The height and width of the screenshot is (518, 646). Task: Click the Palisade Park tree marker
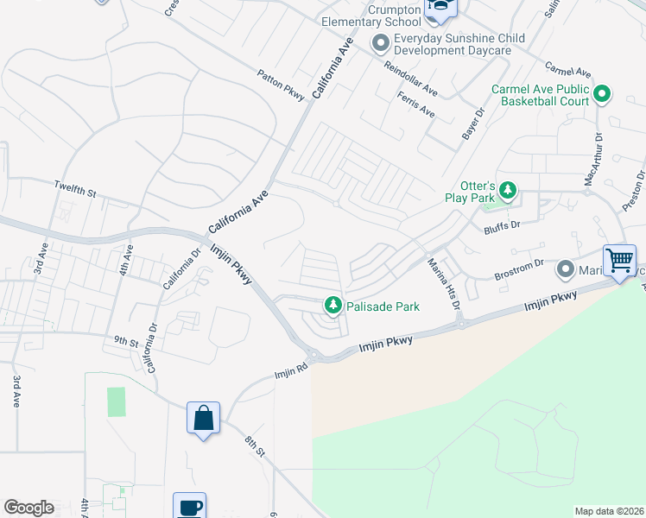pyautogui.click(x=332, y=305)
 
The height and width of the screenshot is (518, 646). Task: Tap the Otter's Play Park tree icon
pyautogui.click(x=509, y=190)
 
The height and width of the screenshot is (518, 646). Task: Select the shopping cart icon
pyautogui.click(x=619, y=260)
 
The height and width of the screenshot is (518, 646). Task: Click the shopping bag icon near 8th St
pyautogui.click(x=203, y=418)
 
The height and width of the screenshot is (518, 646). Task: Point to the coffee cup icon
pyautogui.click(x=189, y=507)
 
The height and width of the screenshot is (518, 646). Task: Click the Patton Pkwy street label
pyautogui.click(x=282, y=86)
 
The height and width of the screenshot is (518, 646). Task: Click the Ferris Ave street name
pyautogui.click(x=416, y=107)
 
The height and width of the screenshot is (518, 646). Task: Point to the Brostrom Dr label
pyautogui.click(x=518, y=273)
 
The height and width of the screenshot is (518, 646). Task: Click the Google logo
pyautogui.click(x=28, y=508)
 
